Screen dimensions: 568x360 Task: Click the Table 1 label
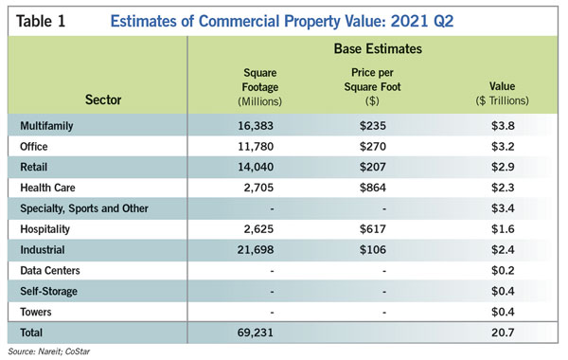[41, 21]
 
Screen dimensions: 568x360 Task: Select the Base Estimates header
[378, 48]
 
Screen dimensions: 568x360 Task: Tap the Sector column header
[103, 99]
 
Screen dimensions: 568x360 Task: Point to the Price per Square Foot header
[372, 86]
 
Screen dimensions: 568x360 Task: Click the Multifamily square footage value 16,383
[256, 126]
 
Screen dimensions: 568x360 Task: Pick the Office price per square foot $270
[373, 147]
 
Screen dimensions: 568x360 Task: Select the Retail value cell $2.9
[503, 167]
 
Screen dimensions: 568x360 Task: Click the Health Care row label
[48, 188]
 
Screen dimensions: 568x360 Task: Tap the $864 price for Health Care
[373, 188]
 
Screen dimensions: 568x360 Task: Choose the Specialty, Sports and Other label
[84, 208]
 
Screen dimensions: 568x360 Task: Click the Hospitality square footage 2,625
[258, 229]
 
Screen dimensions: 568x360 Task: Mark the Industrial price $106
[373, 250]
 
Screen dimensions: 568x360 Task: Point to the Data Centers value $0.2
[503, 270]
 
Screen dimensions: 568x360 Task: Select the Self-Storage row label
[49, 292]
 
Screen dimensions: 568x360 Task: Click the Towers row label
[36, 312]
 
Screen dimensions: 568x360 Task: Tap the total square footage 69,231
[256, 333]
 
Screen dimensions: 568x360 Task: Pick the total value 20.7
[503, 333]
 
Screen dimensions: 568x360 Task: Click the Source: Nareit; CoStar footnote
[49, 351]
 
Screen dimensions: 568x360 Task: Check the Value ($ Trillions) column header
[502, 94]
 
